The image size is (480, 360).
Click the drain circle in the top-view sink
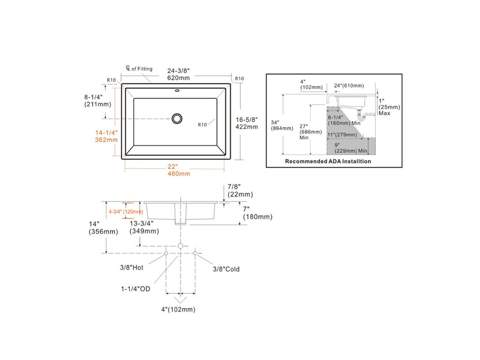tap(177, 118)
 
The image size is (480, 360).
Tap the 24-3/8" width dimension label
tap(178, 74)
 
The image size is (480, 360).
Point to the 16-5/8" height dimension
tap(247, 123)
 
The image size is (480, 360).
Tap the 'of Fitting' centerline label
tap(139, 69)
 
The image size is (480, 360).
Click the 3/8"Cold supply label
tap(226, 269)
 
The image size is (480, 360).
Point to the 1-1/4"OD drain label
tap(137, 289)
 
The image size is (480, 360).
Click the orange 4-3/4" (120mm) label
tap(125, 212)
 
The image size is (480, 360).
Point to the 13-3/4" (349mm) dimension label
tap(144, 227)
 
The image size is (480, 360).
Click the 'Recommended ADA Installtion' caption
tap(328, 161)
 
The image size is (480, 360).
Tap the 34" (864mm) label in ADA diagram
tap(282, 125)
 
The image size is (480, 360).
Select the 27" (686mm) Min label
tap(311, 132)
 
